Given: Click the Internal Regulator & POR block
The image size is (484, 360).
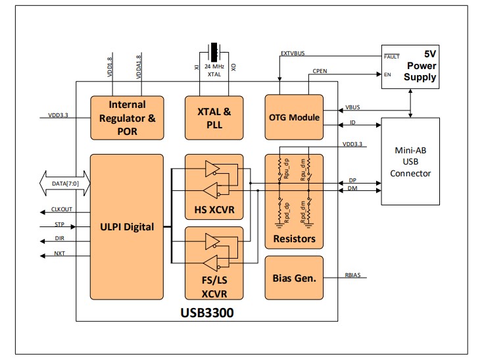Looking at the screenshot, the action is tap(127, 118).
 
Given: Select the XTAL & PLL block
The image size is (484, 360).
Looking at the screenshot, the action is tap(214, 118).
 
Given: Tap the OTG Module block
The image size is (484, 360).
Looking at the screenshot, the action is tap(294, 117).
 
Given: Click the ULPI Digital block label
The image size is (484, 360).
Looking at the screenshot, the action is tap(127, 227).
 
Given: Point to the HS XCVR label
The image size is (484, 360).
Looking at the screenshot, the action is tap(214, 210).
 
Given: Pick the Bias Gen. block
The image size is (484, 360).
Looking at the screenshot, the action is tap(294, 278).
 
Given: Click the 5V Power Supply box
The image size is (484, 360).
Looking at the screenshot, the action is tap(410, 66).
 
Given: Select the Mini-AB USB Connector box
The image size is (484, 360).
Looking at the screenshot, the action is tap(410, 161).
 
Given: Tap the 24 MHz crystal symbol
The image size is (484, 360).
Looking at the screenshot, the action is tap(214, 52).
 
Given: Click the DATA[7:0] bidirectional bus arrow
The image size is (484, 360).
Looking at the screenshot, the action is tap(65, 183).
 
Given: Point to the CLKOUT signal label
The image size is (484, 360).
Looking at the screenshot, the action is tap(62, 209).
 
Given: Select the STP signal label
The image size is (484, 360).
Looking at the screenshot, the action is tap(60, 224).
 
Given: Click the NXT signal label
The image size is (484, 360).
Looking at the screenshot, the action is tap(60, 253).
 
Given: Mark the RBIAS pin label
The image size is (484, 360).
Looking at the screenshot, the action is tap(353, 275).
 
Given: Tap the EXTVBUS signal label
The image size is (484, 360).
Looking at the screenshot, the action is tap(293, 53).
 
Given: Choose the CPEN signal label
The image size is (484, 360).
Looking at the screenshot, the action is tap(320, 71).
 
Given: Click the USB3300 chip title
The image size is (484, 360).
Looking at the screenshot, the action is tap(207, 313).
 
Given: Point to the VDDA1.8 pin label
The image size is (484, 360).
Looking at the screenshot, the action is tap(139, 66).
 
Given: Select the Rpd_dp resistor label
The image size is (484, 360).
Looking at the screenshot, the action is tap(287, 213).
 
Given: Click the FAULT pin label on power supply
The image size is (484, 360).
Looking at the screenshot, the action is tap(392, 57).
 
